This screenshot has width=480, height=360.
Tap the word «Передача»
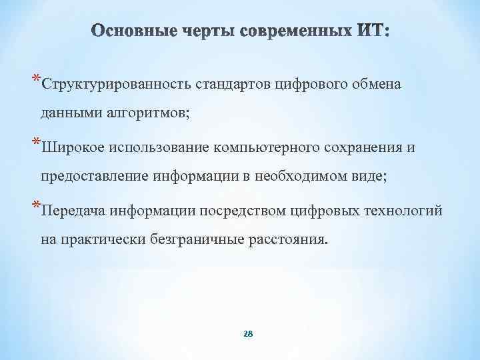[72, 211]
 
